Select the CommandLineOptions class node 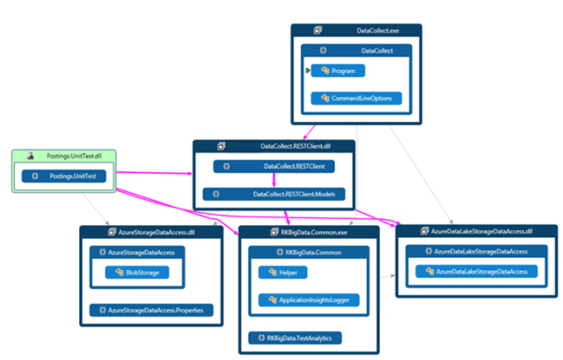[356, 98]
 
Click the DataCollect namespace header [374, 51]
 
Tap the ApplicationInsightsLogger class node [310, 300]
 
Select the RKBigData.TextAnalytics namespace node [294, 337]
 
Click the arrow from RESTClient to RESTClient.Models [275, 180]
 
